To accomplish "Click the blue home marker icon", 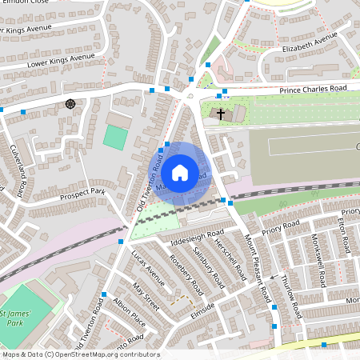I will coord(180,172).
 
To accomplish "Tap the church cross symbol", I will coord(221,114).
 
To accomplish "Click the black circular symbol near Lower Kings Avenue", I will coord(71,103).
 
